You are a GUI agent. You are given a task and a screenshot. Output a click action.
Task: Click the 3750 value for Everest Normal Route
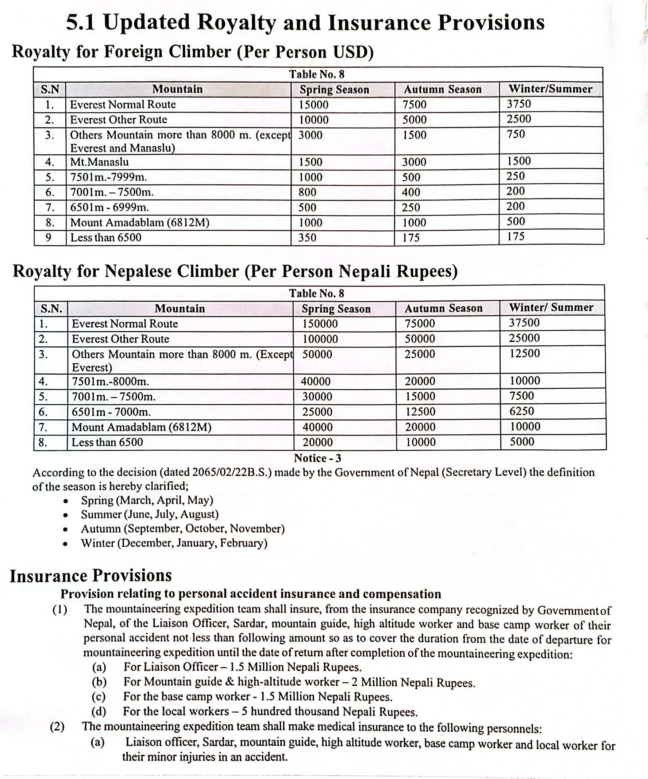(x=518, y=104)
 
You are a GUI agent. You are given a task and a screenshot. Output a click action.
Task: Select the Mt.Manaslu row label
(x=99, y=162)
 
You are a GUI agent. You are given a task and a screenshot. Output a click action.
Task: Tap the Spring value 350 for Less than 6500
(x=307, y=237)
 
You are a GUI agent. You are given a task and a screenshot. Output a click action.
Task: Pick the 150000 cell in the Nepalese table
(x=320, y=324)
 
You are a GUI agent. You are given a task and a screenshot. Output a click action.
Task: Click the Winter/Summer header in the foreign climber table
(x=550, y=89)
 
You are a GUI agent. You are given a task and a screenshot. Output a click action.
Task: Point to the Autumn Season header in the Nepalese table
(x=443, y=308)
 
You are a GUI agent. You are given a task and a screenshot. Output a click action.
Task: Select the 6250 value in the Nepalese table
(x=522, y=411)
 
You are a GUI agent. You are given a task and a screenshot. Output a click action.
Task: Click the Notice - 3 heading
(x=317, y=458)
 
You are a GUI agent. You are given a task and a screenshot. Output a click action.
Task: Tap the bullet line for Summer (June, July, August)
(x=150, y=514)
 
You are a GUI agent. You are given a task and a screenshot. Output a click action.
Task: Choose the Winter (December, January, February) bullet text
(x=174, y=543)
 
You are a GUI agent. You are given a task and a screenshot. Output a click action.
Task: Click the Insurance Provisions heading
(x=91, y=576)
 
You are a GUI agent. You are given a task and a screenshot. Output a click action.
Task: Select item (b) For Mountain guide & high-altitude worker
(x=299, y=682)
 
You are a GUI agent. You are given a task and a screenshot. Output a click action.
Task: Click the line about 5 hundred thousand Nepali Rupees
(x=270, y=711)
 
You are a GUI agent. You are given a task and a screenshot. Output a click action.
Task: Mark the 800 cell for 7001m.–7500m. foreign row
(x=307, y=192)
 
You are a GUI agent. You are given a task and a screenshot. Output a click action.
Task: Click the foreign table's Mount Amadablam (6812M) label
(x=140, y=223)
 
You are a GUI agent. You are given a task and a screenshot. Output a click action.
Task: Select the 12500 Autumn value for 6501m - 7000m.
(x=420, y=412)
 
